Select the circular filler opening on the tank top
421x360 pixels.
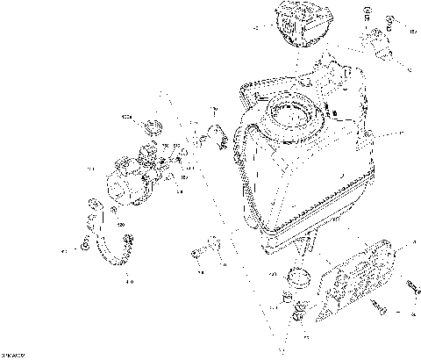(291, 115)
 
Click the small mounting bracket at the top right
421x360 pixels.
(379, 45)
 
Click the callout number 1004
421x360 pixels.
(126, 116)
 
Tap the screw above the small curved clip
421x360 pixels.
(212, 111)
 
